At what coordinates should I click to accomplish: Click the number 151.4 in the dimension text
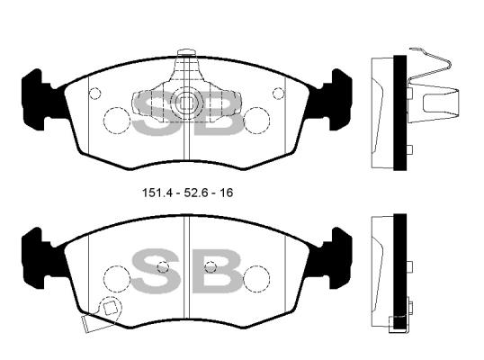point(157,193)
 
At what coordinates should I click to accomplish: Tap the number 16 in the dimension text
point(226,193)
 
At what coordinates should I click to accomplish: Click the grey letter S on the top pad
point(156,113)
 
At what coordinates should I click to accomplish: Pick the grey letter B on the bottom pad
point(217,271)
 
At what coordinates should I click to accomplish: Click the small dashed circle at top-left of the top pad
point(95,94)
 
